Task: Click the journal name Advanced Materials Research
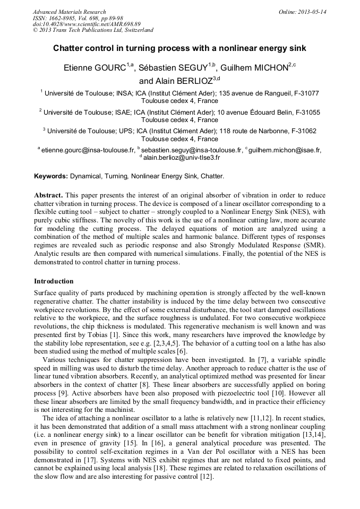pyautogui.click(x=69, y=12)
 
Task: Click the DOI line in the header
pyautogui.click(x=87, y=24)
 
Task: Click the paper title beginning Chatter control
pyautogui.click(x=179, y=48)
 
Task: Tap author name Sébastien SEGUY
pyautogui.click(x=176, y=67)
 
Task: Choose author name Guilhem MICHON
pyautogui.click(x=255, y=67)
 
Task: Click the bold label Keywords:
pyautogui.click(x=51, y=176)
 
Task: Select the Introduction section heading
pyautogui.click(x=54, y=281)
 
